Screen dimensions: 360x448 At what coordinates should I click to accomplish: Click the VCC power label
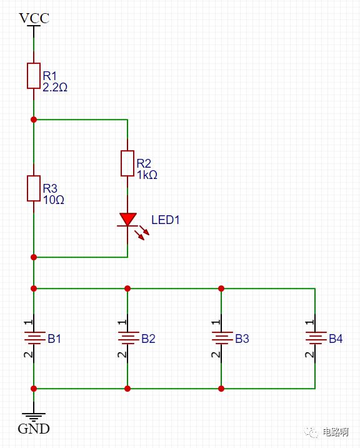[34, 18]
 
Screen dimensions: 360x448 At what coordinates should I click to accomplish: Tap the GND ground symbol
[34, 417]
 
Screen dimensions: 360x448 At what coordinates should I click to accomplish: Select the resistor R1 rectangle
[34, 76]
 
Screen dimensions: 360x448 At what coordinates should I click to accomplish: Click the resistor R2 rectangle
[127, 163]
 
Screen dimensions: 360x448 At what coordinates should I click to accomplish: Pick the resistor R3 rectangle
[34, 188]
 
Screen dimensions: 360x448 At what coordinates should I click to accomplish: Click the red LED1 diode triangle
[127, 219]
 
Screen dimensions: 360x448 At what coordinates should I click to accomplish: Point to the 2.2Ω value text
[55, 87]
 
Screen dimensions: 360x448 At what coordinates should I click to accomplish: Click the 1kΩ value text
[147, 175]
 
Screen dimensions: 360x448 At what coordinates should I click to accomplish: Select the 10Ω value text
[53, 200]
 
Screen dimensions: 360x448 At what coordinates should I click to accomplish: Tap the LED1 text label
[165, 220]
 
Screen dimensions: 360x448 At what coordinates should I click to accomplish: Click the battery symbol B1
[34, 338]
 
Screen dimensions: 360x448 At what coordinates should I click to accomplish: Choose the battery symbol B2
[128, 338]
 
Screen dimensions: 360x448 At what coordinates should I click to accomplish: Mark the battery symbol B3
[222, 338]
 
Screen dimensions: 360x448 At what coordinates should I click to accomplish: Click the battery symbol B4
[316, 338]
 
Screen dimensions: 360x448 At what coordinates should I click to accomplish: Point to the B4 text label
[336, 339]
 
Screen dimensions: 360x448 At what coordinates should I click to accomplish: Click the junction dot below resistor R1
[34, 120]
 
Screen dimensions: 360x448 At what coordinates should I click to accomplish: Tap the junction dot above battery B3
[221, 288]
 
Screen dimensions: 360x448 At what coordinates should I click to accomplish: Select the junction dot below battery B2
[127, 389]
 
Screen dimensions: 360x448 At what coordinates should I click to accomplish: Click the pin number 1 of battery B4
[309, 322]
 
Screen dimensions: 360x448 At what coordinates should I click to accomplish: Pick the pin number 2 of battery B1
[28, 355]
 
